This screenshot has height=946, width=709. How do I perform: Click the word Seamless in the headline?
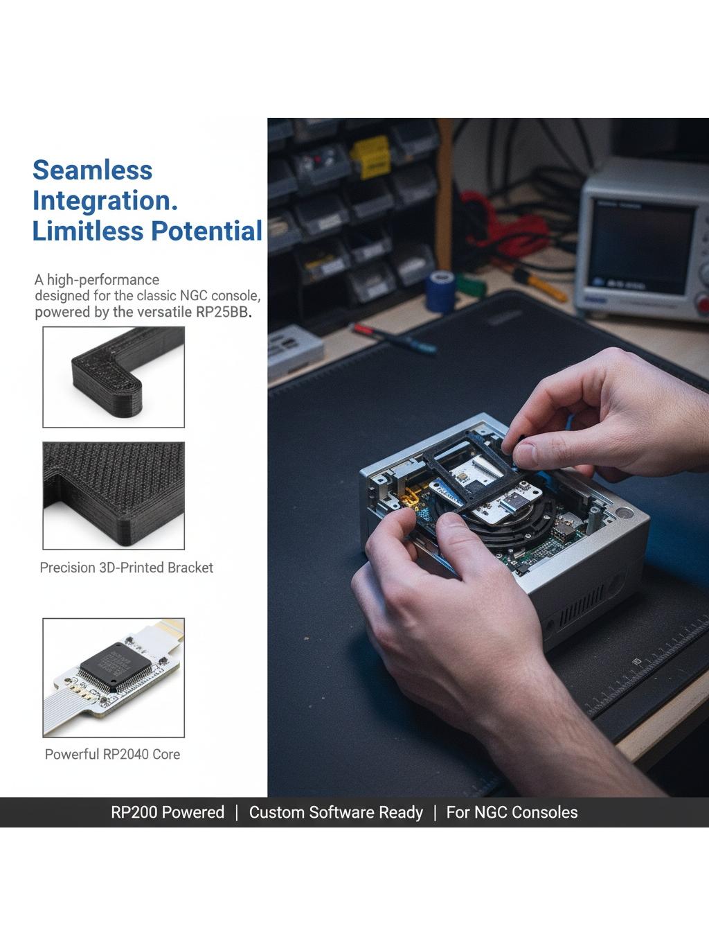(93, 170)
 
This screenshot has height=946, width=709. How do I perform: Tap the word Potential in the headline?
(206, 231)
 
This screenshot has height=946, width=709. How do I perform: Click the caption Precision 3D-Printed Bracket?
(127, 568)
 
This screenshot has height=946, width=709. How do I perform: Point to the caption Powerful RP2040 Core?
(112, 754)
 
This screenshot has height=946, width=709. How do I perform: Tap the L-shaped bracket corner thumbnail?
(114, 377)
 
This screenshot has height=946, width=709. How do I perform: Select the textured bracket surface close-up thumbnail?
(114, 496)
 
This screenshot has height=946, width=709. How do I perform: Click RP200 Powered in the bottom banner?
(168, 812)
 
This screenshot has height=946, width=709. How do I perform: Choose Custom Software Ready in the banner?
(336, 812)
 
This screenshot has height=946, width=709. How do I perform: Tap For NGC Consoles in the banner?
(512, 812)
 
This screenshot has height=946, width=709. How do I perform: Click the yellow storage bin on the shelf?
(370, 157)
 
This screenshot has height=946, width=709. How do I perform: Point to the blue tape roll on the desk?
(440, 291)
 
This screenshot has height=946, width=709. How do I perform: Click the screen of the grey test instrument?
(641, 247)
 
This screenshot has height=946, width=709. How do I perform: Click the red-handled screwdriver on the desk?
(394, 339)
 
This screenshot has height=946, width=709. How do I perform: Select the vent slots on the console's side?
(582, 606)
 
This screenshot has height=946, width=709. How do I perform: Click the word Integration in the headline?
(105, 201)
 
